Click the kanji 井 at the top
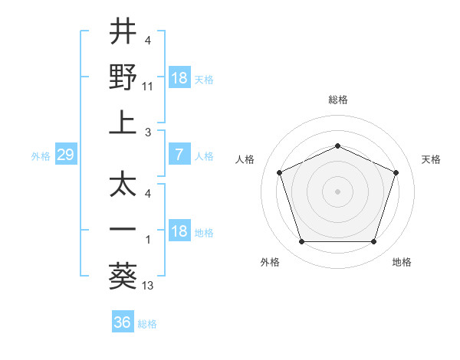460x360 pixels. coord(123,32)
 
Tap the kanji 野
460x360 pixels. coord(123,77)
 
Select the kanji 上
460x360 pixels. coord(123,123)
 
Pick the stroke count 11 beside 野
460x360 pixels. coord(149,88)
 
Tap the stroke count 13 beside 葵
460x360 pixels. coord(149,286)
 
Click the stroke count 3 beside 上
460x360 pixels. coord(149,133)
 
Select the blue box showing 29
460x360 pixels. coord(65,155)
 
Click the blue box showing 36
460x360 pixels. coord(122,322)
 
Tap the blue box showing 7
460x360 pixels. coord(179,155)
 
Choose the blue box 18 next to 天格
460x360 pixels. coord(179,78)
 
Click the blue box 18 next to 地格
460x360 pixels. coord(179,231)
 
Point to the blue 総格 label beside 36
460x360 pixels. coord(147,324)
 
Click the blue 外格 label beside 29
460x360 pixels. coord(40,156)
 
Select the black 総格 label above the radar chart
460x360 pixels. coord(337,100)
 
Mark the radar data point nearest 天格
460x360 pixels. coord(396,172)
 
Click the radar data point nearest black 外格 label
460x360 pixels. coord(301,242)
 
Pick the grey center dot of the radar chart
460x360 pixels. coord(337,191)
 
